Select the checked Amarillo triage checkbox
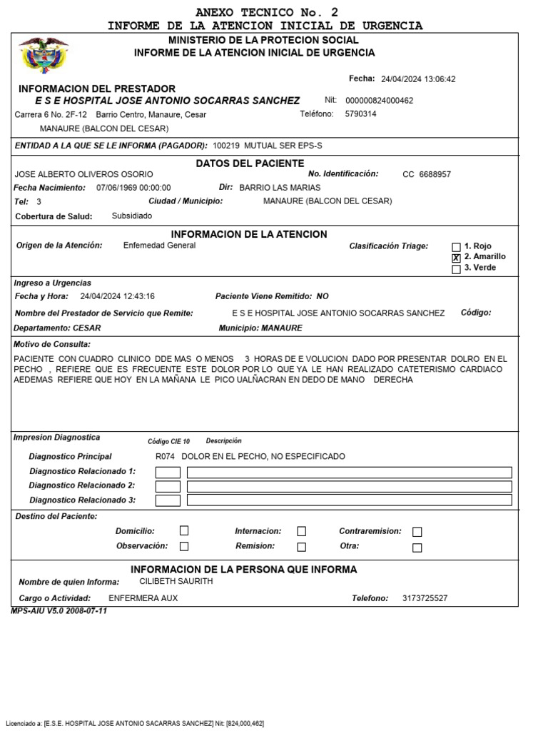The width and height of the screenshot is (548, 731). (456, 258)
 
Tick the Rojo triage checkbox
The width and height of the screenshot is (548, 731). (456, 247)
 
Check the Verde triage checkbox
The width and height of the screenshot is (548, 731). (456, 269)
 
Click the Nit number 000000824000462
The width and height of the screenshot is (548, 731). (379, 101)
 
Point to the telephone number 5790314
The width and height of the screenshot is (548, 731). (360, 114)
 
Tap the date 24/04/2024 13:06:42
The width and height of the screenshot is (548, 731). (418, 79)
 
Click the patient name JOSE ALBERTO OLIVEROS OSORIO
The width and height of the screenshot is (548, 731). (83, 174)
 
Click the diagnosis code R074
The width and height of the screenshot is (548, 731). (165, 456)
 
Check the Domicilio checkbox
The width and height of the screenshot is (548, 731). (184, 531)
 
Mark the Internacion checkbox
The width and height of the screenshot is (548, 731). (301, 531)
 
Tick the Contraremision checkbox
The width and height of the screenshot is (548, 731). (417, 532)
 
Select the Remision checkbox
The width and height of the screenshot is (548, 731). (301, 547)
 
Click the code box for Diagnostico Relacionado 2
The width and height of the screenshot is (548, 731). (168, 486)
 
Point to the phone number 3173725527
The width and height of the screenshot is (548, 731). (425, 598)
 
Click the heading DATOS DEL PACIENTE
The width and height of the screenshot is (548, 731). (250, 163)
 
